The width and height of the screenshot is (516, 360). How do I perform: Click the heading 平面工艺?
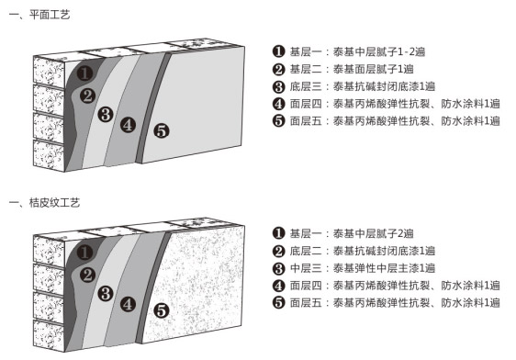(46, 16)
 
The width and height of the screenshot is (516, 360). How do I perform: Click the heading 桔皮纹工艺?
(50, 200)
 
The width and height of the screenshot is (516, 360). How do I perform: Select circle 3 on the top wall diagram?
(106, 114)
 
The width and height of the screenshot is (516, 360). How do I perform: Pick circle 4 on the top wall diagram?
(128, 124)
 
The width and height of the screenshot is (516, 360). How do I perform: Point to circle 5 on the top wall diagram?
(161, 130)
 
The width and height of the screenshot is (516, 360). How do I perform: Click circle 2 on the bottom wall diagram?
(88, 274)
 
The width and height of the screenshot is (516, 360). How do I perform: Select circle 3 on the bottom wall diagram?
(106, 293)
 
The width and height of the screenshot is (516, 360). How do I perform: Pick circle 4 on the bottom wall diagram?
(128, 302)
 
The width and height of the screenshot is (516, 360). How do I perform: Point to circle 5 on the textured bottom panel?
(161, 310)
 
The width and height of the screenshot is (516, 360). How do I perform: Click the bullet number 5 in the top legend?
(279, 120)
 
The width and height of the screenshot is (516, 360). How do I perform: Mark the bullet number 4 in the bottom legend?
(279, 285)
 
